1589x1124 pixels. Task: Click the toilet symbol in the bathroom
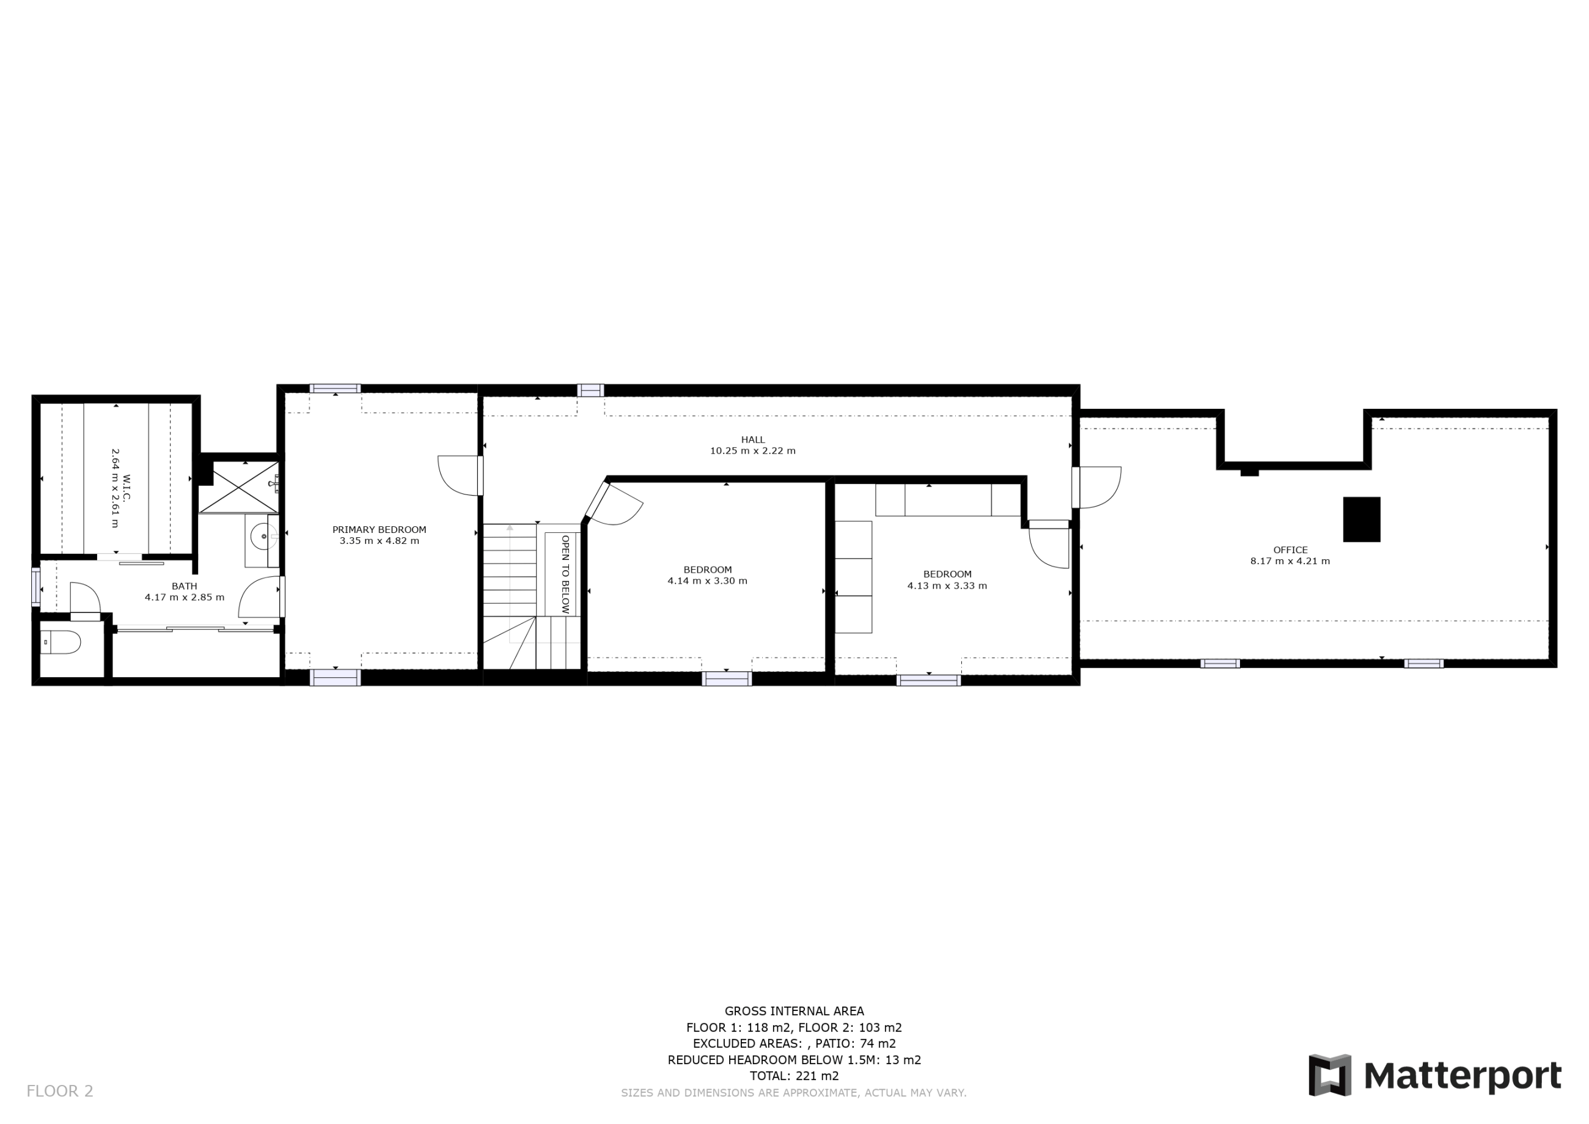[x=61, y=642]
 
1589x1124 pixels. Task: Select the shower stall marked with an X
[x=239, y=487]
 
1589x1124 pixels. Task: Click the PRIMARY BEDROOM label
[x=380, y=529]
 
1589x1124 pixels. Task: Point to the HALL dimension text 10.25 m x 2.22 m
[x=753, y=450]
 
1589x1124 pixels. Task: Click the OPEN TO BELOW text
[x=565, y=574]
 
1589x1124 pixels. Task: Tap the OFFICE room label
[x=1291, y=549]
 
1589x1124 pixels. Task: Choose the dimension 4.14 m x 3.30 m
[x=707, y=581]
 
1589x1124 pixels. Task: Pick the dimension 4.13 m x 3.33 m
[x=947, y=586]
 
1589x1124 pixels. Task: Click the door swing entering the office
[x=1099, y=487]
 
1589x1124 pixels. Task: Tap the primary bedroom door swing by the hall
[x=458, y=476]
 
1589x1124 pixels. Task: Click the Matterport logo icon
[x=1329, y=1075]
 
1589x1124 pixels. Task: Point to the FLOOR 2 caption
[x=59, y=1091]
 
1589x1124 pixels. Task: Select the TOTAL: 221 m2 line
[x=794, y=1076]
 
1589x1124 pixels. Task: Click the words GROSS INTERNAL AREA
[x=794, y=1011]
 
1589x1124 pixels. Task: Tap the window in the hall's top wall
[x=590, y=391]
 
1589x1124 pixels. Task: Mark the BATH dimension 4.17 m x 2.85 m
[x=185, y=597]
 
